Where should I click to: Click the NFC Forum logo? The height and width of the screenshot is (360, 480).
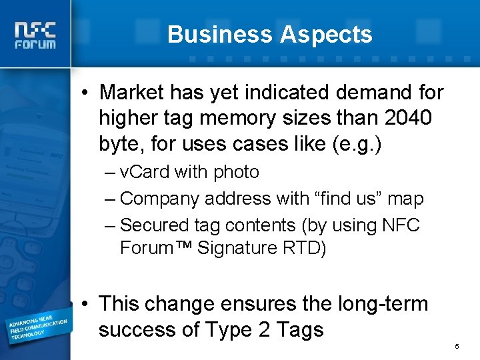click(x=35, y=35)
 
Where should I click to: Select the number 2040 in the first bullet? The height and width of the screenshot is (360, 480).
click(x=408, y=118)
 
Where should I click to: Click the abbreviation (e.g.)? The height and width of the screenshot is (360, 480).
click(x=357, y=144)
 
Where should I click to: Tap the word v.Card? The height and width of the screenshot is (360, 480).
click(x=145, y=172)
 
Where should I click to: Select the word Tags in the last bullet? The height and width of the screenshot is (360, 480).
click(x=299, y=329)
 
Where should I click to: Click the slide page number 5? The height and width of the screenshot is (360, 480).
click(x=457, y=347)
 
